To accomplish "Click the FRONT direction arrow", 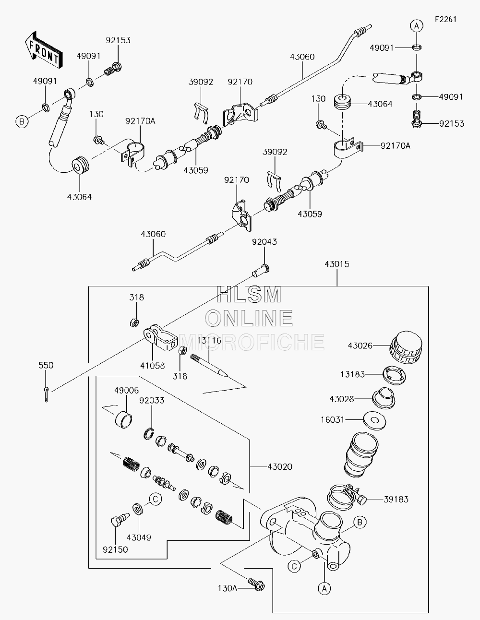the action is (44, 50).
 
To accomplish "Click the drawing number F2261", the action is (446, 19).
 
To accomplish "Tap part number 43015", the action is (337, 264).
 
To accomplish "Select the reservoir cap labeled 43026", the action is (406, 347).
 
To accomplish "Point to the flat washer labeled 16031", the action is (374, 420).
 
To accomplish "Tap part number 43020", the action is (280, 467).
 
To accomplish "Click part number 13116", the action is (209, 340).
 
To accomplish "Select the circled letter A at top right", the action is (417, 26).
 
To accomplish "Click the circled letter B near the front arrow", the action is (22, 122).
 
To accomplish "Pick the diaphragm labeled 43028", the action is (384, 398).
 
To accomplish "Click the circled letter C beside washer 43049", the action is (156, 499).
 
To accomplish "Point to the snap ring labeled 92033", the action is (148, 434).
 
